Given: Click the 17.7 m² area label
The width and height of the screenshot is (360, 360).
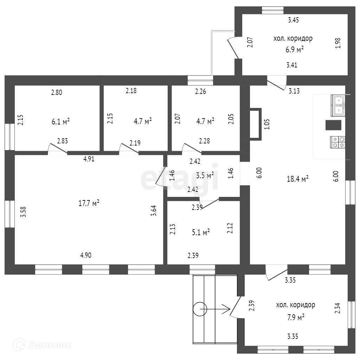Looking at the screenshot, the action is point(88,203).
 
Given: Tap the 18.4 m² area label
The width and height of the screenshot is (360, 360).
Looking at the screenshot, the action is point(298,179).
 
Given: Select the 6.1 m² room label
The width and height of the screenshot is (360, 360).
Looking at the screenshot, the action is point(60,122).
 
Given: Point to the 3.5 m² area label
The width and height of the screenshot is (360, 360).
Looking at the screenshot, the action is point(205,175).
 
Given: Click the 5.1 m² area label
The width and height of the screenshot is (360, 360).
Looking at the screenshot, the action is point(201,232).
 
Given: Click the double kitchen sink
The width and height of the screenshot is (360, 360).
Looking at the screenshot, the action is point(338,105).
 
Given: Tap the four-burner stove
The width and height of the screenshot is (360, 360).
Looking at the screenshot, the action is point(338,142).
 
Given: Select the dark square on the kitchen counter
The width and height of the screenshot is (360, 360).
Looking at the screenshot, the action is point(333,125).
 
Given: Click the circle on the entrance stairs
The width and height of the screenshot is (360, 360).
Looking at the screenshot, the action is point(200,309).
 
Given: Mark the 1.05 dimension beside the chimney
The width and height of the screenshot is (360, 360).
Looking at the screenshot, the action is point(266,124).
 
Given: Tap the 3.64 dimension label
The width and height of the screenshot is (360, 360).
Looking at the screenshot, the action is point(153,211).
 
